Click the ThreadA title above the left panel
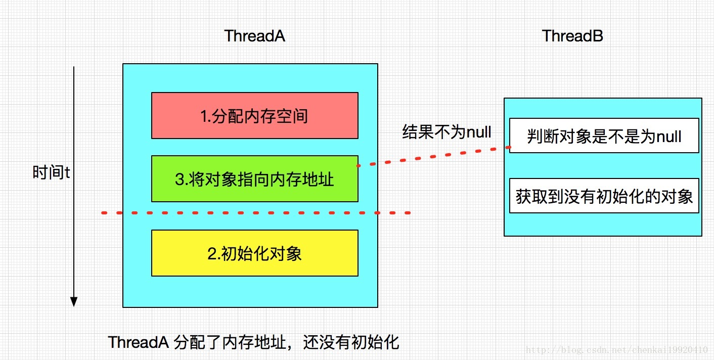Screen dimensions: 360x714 point(254,36)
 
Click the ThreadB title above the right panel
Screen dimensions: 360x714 point(572,36)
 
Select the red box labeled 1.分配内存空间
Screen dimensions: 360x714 point(254,116)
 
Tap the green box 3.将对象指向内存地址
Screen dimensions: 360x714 point(254,178)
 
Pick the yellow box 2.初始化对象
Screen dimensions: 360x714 point(254,253)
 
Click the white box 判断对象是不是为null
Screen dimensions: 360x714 point(604,136)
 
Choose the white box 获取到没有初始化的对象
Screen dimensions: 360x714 point(604,196)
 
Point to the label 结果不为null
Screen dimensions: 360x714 point(447,132)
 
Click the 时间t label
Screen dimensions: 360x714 point(51,173)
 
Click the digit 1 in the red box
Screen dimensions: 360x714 point(203,116)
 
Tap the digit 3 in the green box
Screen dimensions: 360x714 point(179,179)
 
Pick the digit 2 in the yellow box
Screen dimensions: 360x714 point(211,253)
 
